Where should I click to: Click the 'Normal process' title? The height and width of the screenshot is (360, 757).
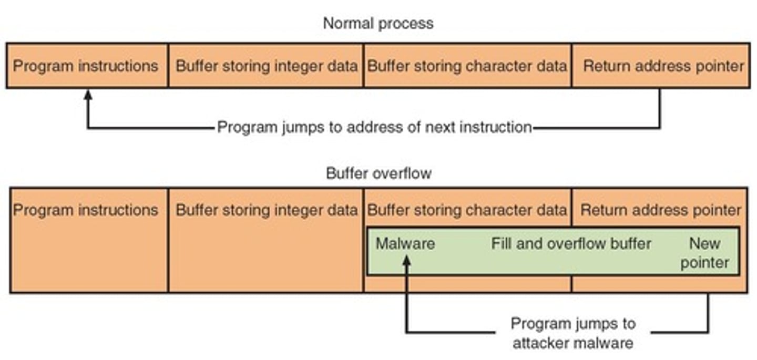pyautogui.click(x=378, y=23)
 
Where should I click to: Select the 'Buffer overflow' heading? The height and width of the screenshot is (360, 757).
pyautogui.click(x=378, y=173)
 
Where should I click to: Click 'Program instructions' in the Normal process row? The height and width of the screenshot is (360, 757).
pyautogui.click(x=86, y=66)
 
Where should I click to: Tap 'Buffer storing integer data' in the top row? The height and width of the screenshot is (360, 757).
pyautogui.click(x=267, y=66)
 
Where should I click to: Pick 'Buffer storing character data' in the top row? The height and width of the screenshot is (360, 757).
pyautogui.click(x=467, y=66)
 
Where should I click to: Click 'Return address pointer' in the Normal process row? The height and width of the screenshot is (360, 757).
pyautogui.click(x=663, y=66)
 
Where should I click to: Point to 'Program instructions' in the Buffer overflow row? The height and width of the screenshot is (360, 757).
pyautogui.click(x=86, y=210)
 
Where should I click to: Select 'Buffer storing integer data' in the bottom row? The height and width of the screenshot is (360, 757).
pyautogui.click(x=267, y=210)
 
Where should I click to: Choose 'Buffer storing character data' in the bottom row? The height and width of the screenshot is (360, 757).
pyautogui.click(x=467, y=210)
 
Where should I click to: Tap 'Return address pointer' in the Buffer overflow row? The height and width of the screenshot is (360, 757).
pyautogui.click(x=661, y=210)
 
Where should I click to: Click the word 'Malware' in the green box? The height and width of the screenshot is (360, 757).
pyautogui.click(x=405, y=244)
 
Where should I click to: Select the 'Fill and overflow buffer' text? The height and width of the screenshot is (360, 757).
pyautogui.click(x=571, y=244)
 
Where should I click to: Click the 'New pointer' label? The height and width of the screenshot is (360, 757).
pyautogui.click(x=704, y=253)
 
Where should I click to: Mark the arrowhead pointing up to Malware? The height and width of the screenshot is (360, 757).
pyautogui.click(x=406, y=260)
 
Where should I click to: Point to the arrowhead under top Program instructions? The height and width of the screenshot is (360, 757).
pyautogui.click(x=88, y=95)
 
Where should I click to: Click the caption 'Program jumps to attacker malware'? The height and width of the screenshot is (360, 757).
pyautogui.click(x=573, y=333)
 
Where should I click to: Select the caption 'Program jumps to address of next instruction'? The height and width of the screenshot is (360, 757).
pyautogui.click(x=374, y=127)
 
